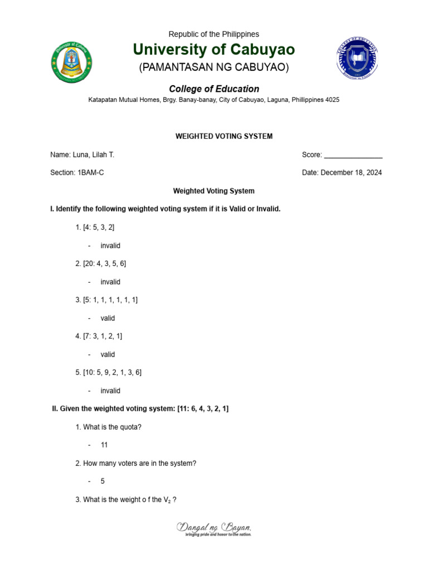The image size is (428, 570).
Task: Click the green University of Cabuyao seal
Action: [x=71, y=62]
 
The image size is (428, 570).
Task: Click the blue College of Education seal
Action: [x=357, y=60]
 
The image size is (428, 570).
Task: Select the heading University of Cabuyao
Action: [x=213, y=50]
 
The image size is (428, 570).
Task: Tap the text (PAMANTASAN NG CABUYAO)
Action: [x=213, y=68]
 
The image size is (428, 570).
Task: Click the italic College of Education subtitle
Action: [x=214, y=89]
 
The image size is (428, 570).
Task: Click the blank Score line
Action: [x=353, y=155]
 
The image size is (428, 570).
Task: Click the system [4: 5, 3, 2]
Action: [x=99, y=227]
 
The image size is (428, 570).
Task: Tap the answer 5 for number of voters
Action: [x=103, y=481]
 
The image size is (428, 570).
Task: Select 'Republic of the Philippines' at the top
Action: [x=214, y=35]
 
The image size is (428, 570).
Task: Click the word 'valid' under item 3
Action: [x=108, y=318]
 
